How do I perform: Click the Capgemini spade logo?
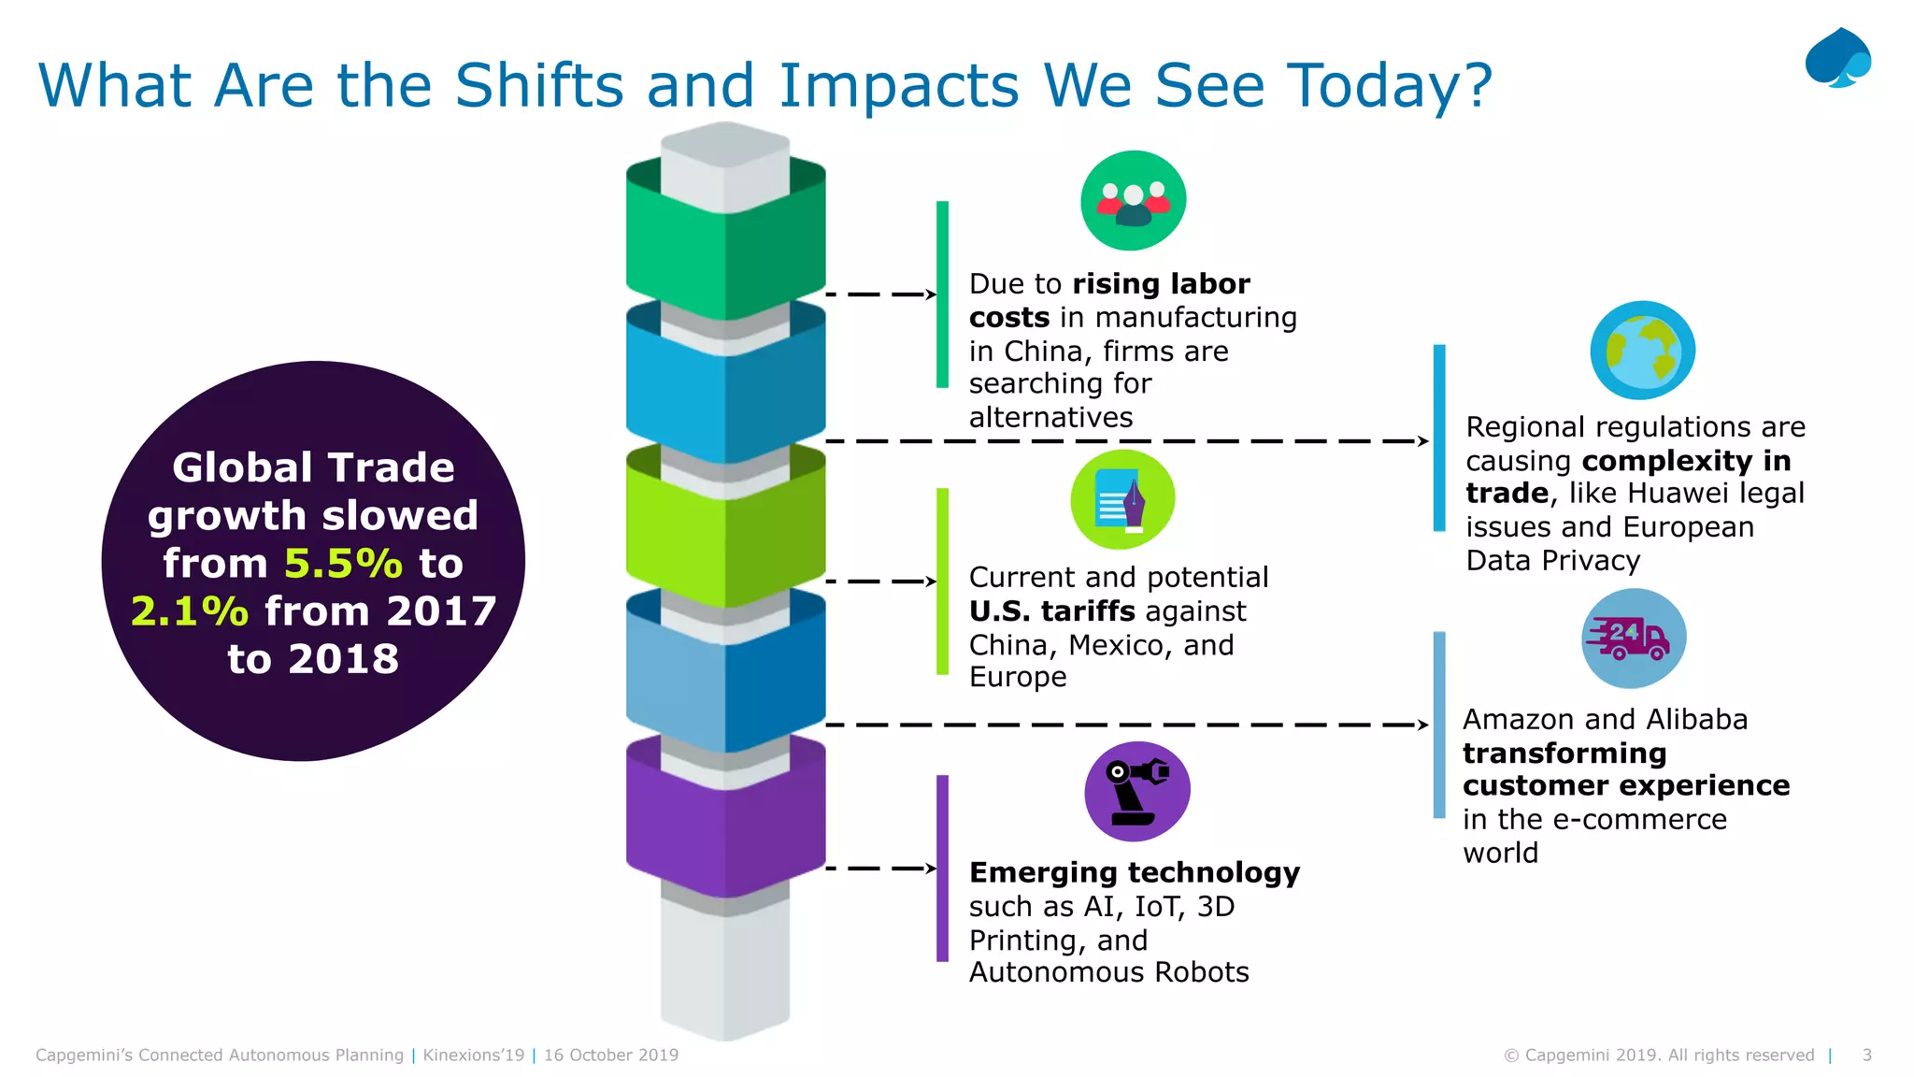point(1837,58)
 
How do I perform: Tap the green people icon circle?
point(1133,200)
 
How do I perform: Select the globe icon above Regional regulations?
point(1642,351)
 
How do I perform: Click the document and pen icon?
point(1122,499)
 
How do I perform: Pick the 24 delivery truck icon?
point(1633,639)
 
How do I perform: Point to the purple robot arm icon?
point(1136,791)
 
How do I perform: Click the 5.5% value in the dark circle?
point(343,564)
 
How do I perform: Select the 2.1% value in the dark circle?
point(190,611)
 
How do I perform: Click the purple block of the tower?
point(725,823)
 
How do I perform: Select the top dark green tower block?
point(725,243)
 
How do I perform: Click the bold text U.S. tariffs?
point(1052,611)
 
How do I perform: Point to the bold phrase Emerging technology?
point(1134,872)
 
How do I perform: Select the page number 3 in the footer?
point(1866,1055)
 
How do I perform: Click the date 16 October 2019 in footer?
point(611,1055)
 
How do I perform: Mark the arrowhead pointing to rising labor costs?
point(931,294)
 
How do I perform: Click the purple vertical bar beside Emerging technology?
point(942,868)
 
